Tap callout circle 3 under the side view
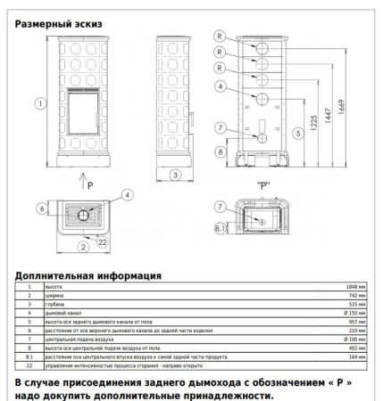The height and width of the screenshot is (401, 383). coord(175,174)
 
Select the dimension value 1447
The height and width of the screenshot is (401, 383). coord(329,112)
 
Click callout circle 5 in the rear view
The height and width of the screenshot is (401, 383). coord(297,133)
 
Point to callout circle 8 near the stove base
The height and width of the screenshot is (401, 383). coord(220,152)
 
